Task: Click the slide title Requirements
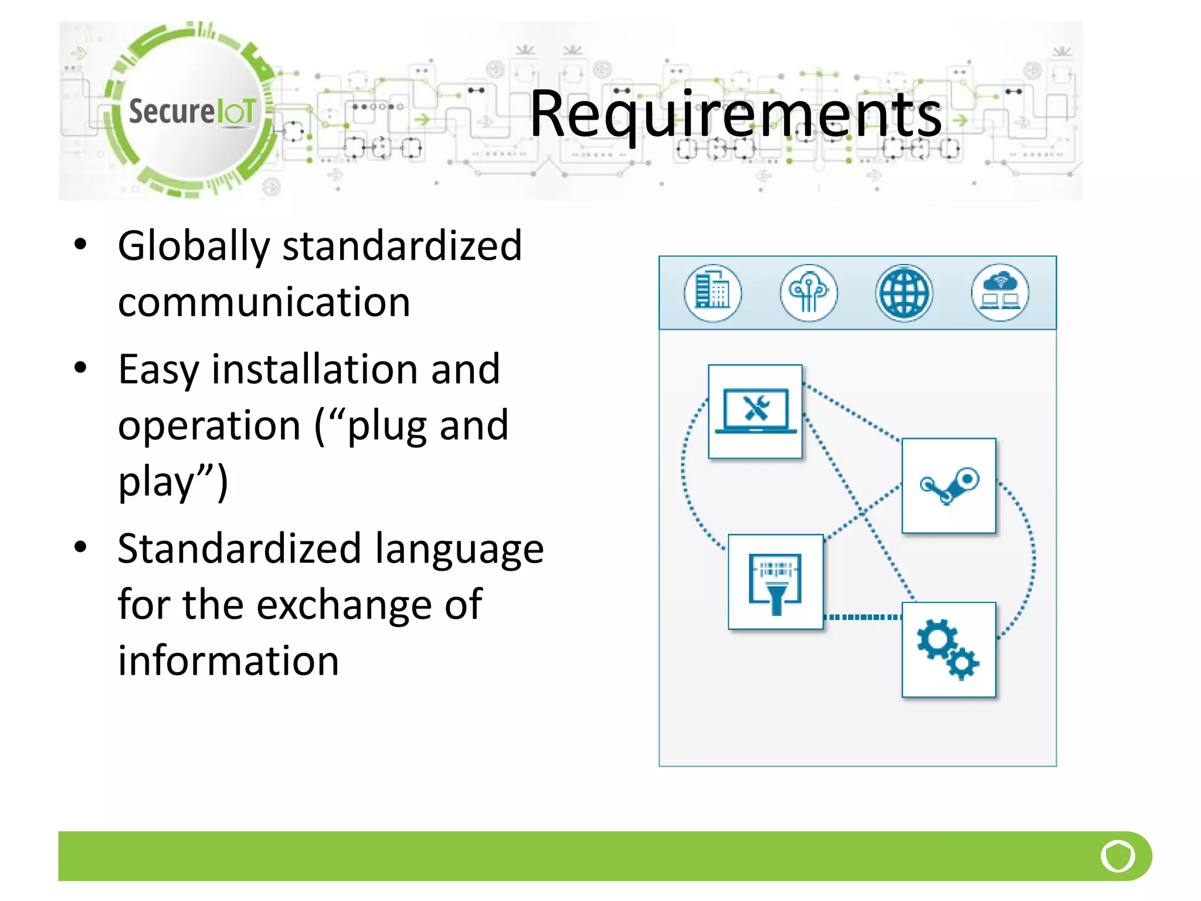click(x=735, y=114)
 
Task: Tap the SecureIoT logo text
click(x=192, y=111)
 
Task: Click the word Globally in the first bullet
click(x=193, y=246)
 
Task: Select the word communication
click(x=264, y=303)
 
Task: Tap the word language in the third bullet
click(x=459, y=549)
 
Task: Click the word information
click(x=228, y=661)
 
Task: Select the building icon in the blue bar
click(x=713, y=293)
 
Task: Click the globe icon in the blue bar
click(x=904, y=293)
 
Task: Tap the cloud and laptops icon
click(x=1000, y=293)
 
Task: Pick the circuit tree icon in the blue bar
click(x=809, y=293)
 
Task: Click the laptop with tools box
click(x=755, y=411)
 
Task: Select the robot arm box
click(x=949, y=486)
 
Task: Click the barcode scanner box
click(x=775, y=582)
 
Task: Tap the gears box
click(x=949, y=649)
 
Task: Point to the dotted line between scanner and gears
click(x=862, y=617)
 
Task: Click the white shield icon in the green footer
click(x=1118, y=856)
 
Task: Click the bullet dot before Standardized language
click(x=81, y=547)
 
